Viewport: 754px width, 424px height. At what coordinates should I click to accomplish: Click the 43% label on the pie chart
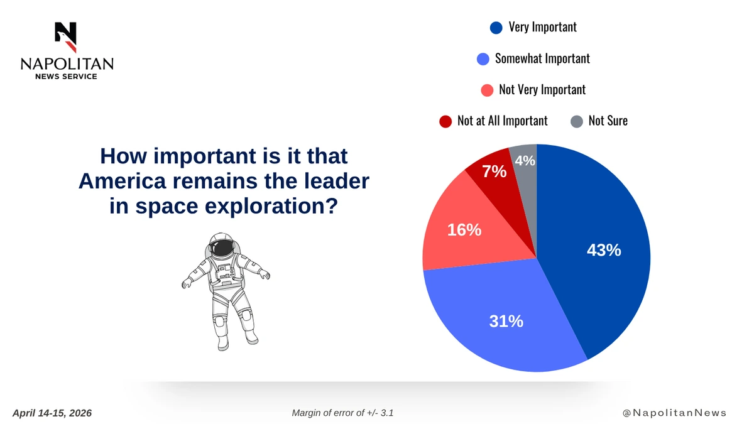(604, 251)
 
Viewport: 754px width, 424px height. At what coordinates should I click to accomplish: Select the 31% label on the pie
(506, 322)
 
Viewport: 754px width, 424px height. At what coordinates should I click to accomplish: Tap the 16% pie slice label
(464, 230)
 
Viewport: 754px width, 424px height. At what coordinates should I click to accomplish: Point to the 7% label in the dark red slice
(494, 171)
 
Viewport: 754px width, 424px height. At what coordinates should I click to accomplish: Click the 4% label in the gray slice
(525, 161)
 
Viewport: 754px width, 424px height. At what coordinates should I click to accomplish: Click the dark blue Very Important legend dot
(496, 28)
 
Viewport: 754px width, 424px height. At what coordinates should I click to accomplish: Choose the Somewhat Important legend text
(542, 58)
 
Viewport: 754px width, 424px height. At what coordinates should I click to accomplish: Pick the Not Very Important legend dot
(487, 90)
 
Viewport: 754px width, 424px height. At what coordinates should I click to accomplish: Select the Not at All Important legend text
(502, 121)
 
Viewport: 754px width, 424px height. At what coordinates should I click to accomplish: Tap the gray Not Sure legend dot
(577, 121)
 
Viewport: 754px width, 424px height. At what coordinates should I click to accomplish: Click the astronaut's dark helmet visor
(222, 248)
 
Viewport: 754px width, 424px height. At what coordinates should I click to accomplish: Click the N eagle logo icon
(67, 37)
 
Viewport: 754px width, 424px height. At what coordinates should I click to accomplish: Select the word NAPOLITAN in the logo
(67, 64)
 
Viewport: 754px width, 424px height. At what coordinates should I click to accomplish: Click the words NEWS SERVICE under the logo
(66, 77)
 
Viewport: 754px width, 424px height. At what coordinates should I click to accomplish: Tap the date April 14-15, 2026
(52, 413)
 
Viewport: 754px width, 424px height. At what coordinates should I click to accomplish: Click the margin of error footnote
(342, 413)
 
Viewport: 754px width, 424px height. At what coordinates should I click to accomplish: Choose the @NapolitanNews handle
(674, 413)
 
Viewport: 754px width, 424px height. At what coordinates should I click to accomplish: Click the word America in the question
(123, 181)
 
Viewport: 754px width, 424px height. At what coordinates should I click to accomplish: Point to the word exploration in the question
(271, 207)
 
